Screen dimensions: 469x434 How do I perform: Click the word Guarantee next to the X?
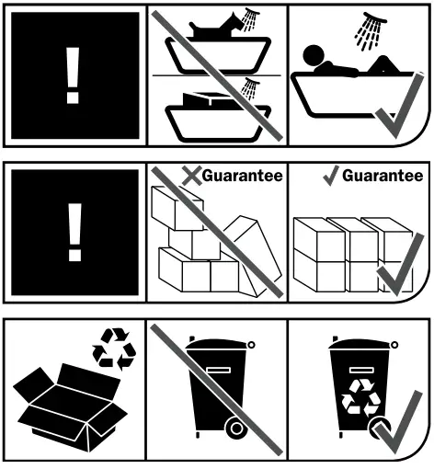point(242,175)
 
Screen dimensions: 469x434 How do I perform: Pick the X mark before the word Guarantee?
point(191,175)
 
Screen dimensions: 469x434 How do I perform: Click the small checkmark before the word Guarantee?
point(331,175)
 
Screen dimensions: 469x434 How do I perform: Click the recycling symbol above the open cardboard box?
point(111,350)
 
